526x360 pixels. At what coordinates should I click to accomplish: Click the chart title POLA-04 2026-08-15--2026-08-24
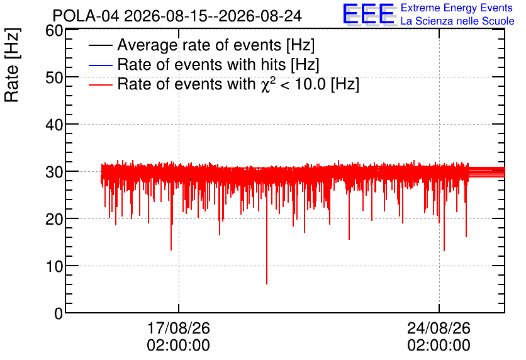177,16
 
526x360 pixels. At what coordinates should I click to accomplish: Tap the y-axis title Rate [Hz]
12,65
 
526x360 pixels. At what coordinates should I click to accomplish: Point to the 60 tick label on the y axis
54,31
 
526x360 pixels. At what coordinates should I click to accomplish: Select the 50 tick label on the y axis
54,78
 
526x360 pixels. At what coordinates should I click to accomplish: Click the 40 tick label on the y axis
54,125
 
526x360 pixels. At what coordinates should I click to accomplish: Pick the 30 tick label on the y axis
54,172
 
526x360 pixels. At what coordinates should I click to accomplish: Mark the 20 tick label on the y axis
54,220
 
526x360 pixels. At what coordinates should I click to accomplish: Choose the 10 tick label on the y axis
54,267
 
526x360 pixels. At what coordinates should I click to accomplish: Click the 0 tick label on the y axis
59,313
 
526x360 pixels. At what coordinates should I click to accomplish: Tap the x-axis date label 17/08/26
179,328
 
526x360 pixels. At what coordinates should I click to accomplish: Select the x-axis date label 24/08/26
439,328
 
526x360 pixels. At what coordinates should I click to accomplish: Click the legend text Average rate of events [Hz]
216,45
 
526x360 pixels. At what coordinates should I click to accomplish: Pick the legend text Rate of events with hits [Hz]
218,64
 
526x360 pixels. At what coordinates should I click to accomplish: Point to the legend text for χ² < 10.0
238,84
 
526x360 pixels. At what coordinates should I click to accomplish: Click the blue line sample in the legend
100,65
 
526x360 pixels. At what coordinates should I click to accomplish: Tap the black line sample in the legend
100,45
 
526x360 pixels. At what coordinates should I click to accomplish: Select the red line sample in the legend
100,84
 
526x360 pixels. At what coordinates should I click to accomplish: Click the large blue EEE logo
369,14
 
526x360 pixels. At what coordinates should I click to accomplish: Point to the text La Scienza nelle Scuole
457,21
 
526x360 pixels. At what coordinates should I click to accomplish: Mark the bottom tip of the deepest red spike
267,284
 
